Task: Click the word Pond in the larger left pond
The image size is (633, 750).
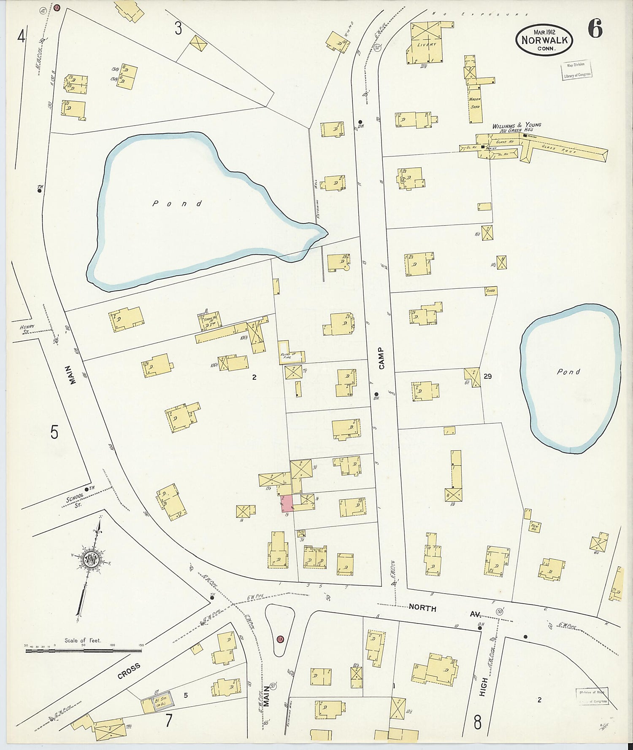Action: (177, 204)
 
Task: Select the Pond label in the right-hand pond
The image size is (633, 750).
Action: (568, 372)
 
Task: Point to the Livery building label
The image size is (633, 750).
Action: (426, 44)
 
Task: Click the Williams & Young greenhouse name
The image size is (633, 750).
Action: (517, 125)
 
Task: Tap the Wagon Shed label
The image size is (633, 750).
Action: (475, 103)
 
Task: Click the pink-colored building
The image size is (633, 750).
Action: (287, 503)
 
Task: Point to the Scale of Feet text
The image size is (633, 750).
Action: (83, 640)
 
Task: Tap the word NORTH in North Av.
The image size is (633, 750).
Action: (422, 608)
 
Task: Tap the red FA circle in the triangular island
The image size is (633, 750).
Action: (280, 640)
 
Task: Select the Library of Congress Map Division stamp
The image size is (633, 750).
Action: (576, 70)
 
